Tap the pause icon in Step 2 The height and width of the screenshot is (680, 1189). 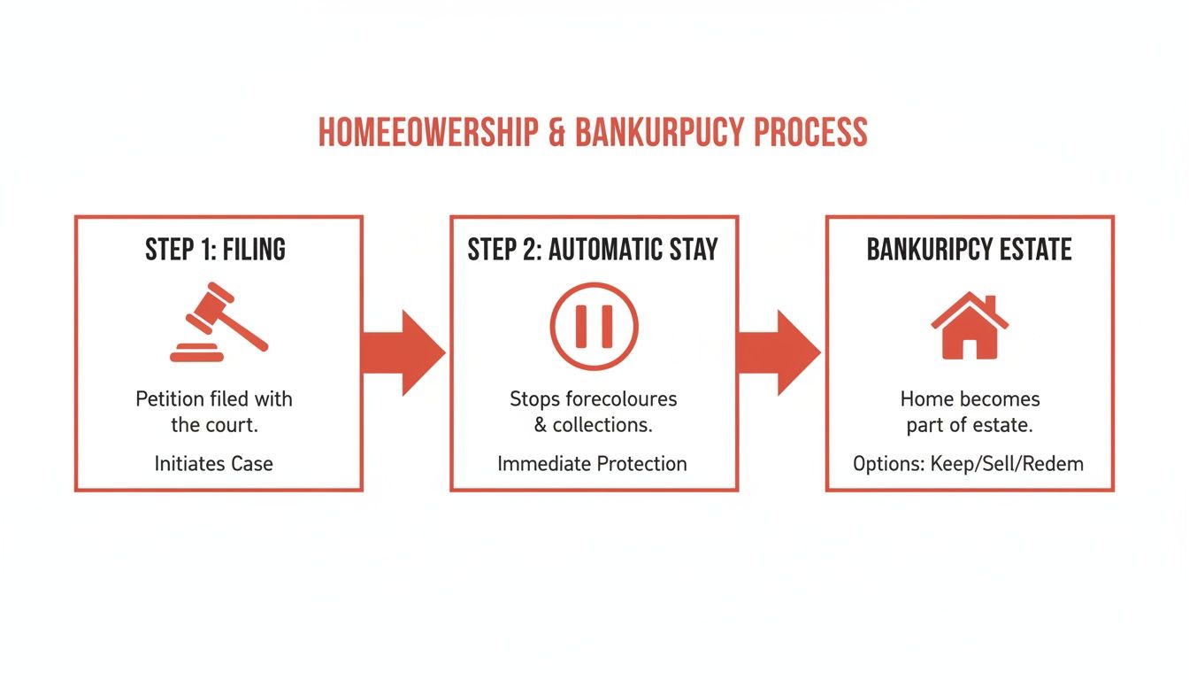click(x=594, y=326)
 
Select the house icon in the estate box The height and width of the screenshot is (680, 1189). click(x=970, y=327)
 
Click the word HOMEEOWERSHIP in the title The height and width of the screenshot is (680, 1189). click(x=427, y=133)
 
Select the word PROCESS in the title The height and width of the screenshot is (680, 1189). click(x=810, y=133)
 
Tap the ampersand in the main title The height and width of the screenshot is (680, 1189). click(x=556, y=133)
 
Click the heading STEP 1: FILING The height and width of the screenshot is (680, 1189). click(x=215, y=251)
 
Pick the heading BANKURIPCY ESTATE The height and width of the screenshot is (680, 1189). click(x=969, y=251)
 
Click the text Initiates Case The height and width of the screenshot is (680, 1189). click(x=213, y=463)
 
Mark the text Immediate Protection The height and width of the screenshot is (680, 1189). click(x=592, y=463)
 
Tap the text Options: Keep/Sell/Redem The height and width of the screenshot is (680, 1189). click(x=968, y=463)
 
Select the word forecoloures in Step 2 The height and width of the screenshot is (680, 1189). click(x=620, y=398)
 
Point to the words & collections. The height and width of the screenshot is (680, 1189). click(x=593, y=425)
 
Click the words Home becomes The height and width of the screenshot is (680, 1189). click(x=970, y=398)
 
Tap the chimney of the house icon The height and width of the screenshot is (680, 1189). click(x=989, y=305)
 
